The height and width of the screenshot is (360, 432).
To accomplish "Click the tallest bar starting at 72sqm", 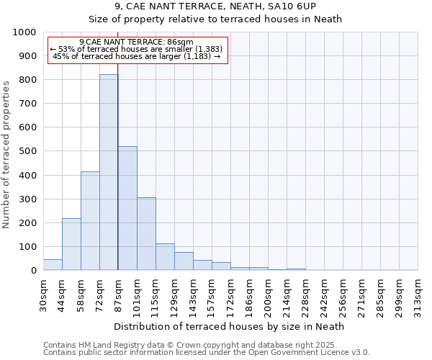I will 109,173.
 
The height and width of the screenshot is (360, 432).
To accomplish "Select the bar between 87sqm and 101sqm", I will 127,209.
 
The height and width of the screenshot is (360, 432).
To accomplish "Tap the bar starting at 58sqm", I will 90,221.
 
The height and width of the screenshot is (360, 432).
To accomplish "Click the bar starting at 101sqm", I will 146,234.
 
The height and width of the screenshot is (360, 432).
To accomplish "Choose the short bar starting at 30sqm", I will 53,264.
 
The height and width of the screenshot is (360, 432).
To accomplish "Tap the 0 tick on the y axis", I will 33,271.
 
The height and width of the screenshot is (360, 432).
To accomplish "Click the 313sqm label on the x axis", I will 418,294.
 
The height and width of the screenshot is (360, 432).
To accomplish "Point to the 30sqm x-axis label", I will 44,293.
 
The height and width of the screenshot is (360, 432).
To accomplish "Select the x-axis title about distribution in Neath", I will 230,326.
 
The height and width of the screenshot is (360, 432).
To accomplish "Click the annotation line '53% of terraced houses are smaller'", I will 137,49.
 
